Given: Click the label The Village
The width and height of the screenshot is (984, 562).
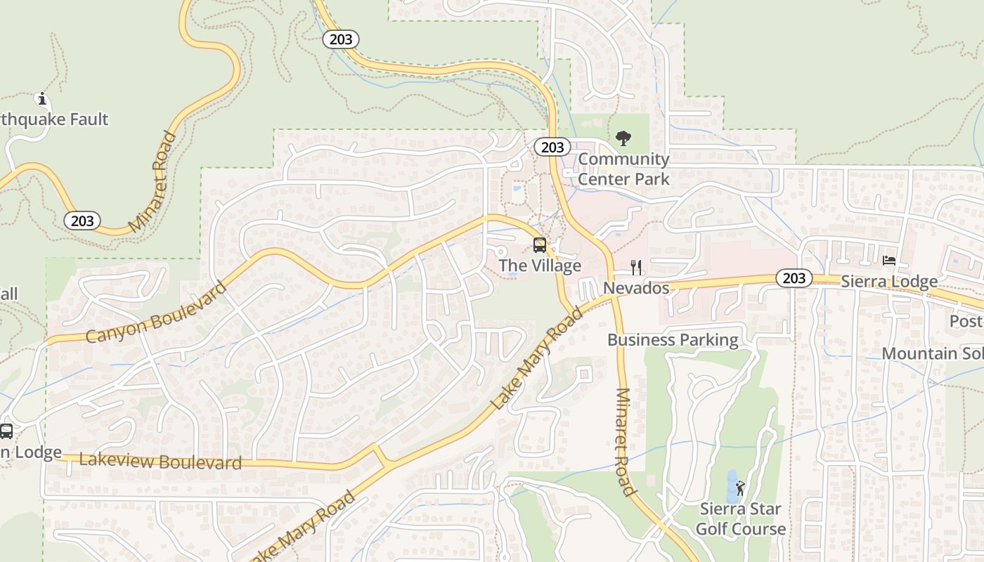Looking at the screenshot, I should pos(540,266).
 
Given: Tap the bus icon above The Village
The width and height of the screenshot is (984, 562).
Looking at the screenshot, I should pos(540,245).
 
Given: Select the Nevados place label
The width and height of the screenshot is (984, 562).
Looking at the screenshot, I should pos(636,288).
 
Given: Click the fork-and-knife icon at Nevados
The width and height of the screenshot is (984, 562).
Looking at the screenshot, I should pos(636,267).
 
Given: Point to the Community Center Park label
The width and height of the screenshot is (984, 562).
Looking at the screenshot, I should pos(623,169).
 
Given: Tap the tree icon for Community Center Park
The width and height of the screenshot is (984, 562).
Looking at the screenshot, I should pos(623,138).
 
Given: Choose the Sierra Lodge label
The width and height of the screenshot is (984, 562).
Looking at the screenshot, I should pos(889,282).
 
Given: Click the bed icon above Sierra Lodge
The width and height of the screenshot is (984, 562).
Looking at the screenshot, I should pos(889,261).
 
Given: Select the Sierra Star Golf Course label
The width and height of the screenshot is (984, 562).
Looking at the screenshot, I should pos(741,518).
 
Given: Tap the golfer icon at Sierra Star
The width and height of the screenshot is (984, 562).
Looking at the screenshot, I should pos(740,488).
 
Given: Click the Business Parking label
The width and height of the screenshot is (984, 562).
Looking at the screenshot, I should pos(673,340).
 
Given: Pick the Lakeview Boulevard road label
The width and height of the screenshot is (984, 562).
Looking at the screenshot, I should pos(160,461).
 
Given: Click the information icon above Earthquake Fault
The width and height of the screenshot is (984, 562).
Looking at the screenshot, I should pos(41,99).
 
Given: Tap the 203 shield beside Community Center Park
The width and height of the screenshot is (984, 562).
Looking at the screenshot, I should pos(552,147).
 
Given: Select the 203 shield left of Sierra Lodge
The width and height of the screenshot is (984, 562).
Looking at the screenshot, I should pos(794,278).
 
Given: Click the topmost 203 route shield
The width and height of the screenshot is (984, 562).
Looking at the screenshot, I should pos(341,39).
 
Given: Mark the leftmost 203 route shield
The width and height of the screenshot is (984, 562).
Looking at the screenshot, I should pos(82,221).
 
